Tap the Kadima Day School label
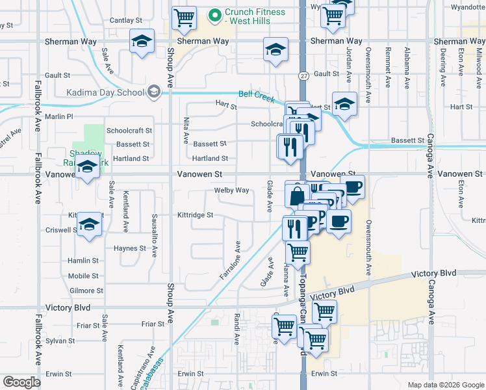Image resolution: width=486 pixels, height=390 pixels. pyautogui.click(x=105, y=92)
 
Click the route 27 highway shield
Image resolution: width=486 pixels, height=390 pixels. pyautogui.click(x=303, y=76)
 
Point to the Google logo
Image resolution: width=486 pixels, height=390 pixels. pyautogui.click(x=21, y=382)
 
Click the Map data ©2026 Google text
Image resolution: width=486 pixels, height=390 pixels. pyautogui.click(x=445, y=384)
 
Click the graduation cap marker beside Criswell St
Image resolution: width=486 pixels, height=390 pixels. pyautogui.click(x=90, y=225)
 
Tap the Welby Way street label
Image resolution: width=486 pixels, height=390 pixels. pyautogui.click(x=232, y=190)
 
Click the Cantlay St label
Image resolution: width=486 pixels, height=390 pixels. pyautogui.click(x=122, y=21)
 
